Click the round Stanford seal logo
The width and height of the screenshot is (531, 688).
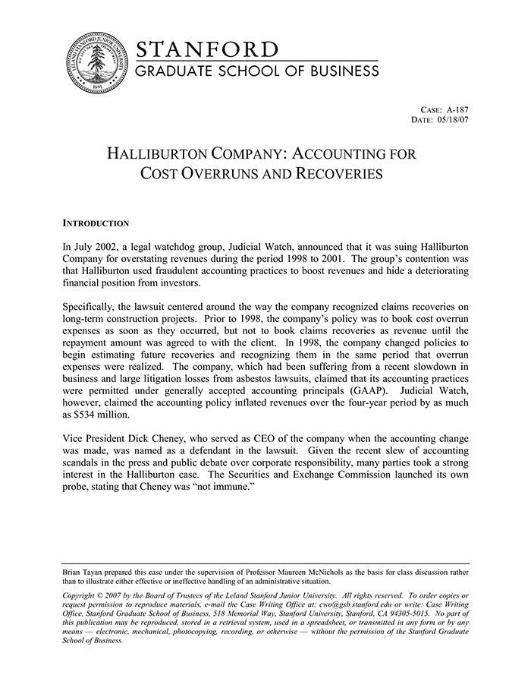pos(97,64)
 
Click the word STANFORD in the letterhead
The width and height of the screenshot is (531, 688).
pos(207,50)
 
